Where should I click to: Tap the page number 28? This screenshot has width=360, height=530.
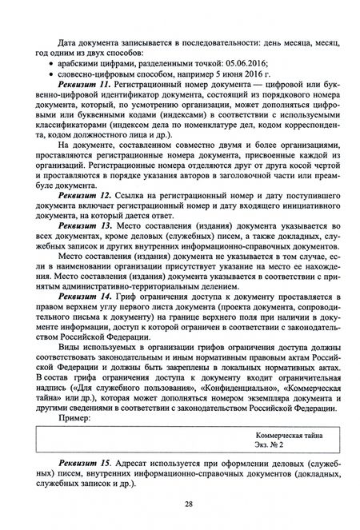(x=185, y=505)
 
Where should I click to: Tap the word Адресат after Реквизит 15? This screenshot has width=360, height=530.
(x=139, y=464)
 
